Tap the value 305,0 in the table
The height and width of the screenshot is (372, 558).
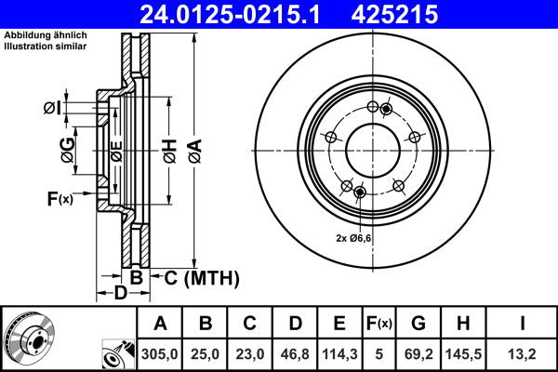click(x=160, y=353)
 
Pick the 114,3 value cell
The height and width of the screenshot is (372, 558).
click(x=339, y=353)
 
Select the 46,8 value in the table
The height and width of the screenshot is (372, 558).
click(x=295, y=353)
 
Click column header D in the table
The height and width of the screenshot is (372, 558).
click(x=295, y=325)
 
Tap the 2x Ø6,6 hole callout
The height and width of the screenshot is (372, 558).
click(x=353, y=239)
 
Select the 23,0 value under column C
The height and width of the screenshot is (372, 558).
click(x=249, y=353)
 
